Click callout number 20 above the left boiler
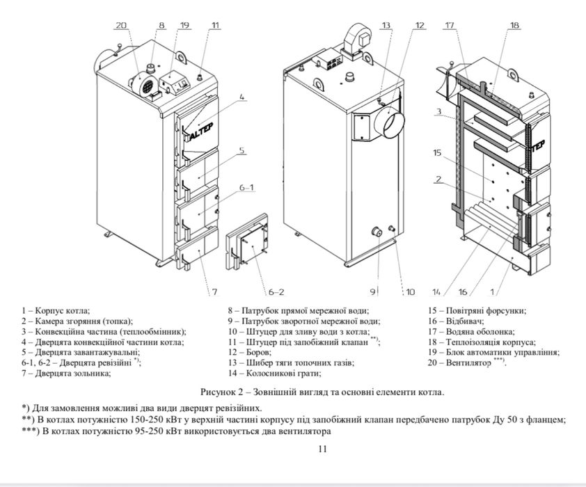point(121,26)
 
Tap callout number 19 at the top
point(184,26)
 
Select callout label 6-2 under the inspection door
point(276,292)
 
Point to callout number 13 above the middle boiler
point(386,26)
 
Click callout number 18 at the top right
point(514,26)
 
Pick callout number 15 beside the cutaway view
point(437,153)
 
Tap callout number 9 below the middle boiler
point(372,292)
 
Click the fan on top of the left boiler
point(143,84)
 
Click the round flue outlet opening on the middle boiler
point(390,123)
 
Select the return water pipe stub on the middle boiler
point(376,232)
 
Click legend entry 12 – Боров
point(250,352)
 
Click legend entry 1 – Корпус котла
point(56,310)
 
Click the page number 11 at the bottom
point(322,449)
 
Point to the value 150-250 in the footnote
point(145,420)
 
